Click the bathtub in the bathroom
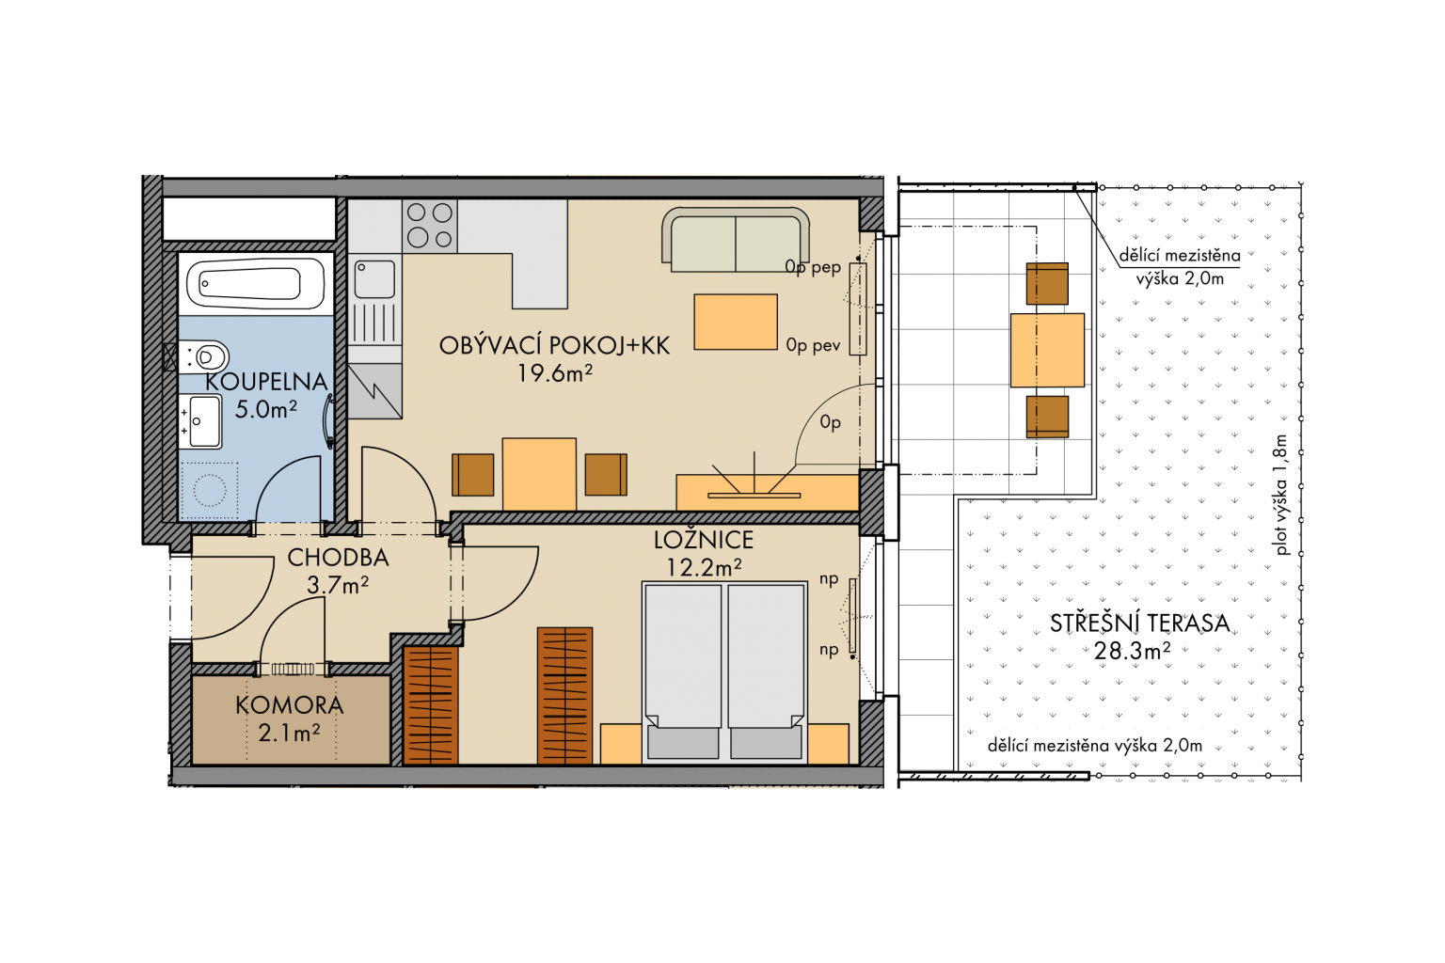click(256, 284)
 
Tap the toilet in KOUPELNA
click(204, 356)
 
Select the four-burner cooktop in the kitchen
click(430, 225)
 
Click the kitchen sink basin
click(374, 278)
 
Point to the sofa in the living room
click(736, 239)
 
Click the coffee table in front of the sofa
click(736, 322)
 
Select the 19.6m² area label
click(555, 373)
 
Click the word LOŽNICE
click(703, 540)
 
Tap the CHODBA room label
click(338, 558)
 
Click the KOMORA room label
click(290, 705)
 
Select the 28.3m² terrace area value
click(1132, 651)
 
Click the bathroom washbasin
click(201, 422)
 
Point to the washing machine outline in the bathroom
click(209, 490)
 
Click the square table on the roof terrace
click(1047, 350)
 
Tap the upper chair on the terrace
click(1047, 283)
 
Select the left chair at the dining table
click(473, 475)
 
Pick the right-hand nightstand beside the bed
click(828, 744)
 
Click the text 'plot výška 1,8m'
click(1281, 494)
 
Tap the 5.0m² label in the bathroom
click(266, 410)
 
